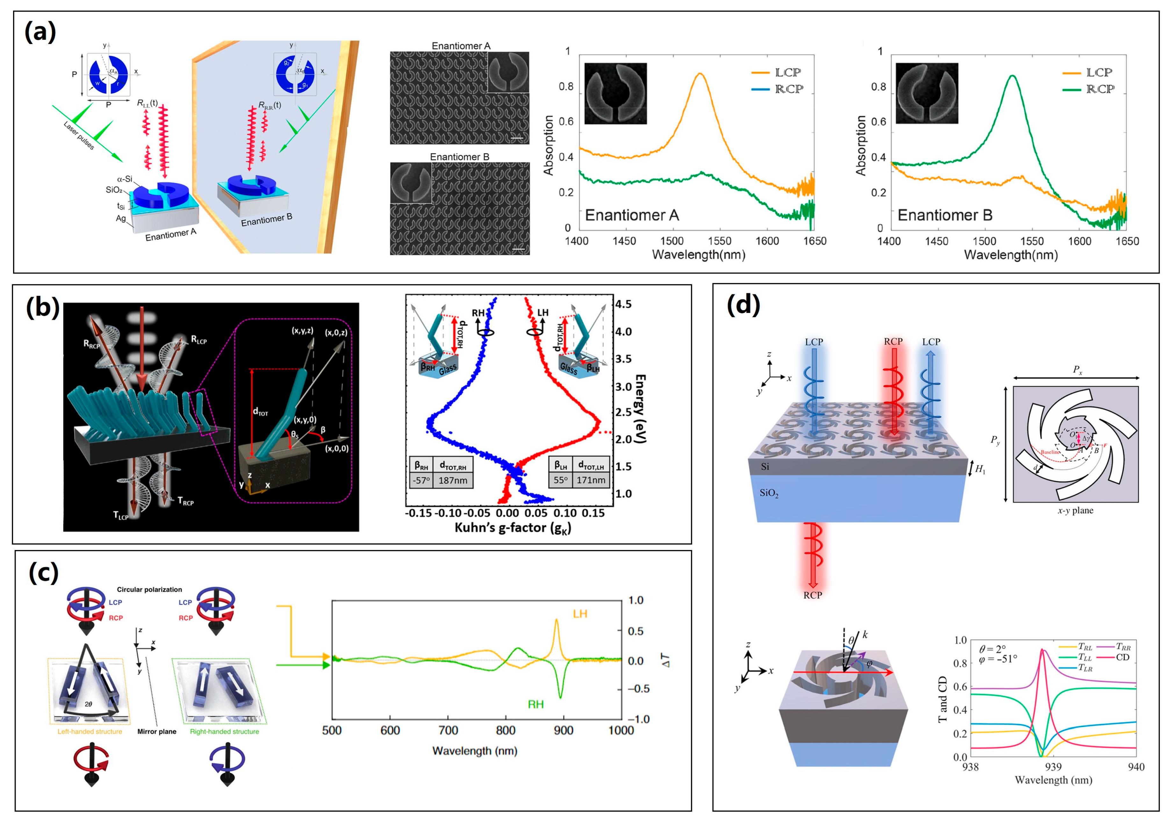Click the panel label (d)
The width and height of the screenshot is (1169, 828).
(x=743, y=304)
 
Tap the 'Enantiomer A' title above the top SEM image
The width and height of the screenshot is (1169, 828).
(x=461, y=46)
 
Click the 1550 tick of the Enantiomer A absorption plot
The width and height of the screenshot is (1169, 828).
(x=719, y=241)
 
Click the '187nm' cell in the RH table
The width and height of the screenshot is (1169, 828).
(x=453, y=480)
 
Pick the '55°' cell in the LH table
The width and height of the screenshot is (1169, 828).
(x=560, y=480)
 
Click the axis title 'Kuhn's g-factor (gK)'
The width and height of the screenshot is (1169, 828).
(x=513, y=528)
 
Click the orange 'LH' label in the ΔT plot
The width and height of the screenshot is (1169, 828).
(x=580, y=614)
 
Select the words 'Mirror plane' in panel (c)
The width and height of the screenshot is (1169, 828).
(x=156, y=731)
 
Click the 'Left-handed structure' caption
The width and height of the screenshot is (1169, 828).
(x=90, y=731)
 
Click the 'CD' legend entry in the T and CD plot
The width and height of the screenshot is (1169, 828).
(x=1122, y=657)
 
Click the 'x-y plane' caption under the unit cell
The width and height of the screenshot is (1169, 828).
(x=1075, y=510)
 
